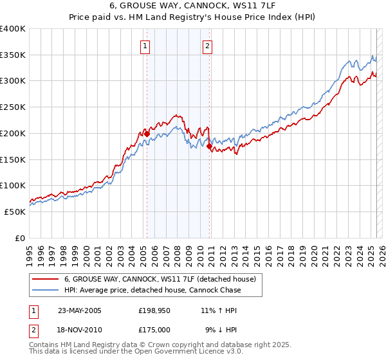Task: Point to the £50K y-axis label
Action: click(15, 212)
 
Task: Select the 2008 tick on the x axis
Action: click(177, 250)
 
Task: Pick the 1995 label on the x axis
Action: click(29, 250)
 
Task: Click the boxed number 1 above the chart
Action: click(146, 46)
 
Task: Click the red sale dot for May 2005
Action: click(147, 134)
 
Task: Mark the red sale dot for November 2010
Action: click(210, 147)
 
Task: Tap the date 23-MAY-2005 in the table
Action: click(80, 310)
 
